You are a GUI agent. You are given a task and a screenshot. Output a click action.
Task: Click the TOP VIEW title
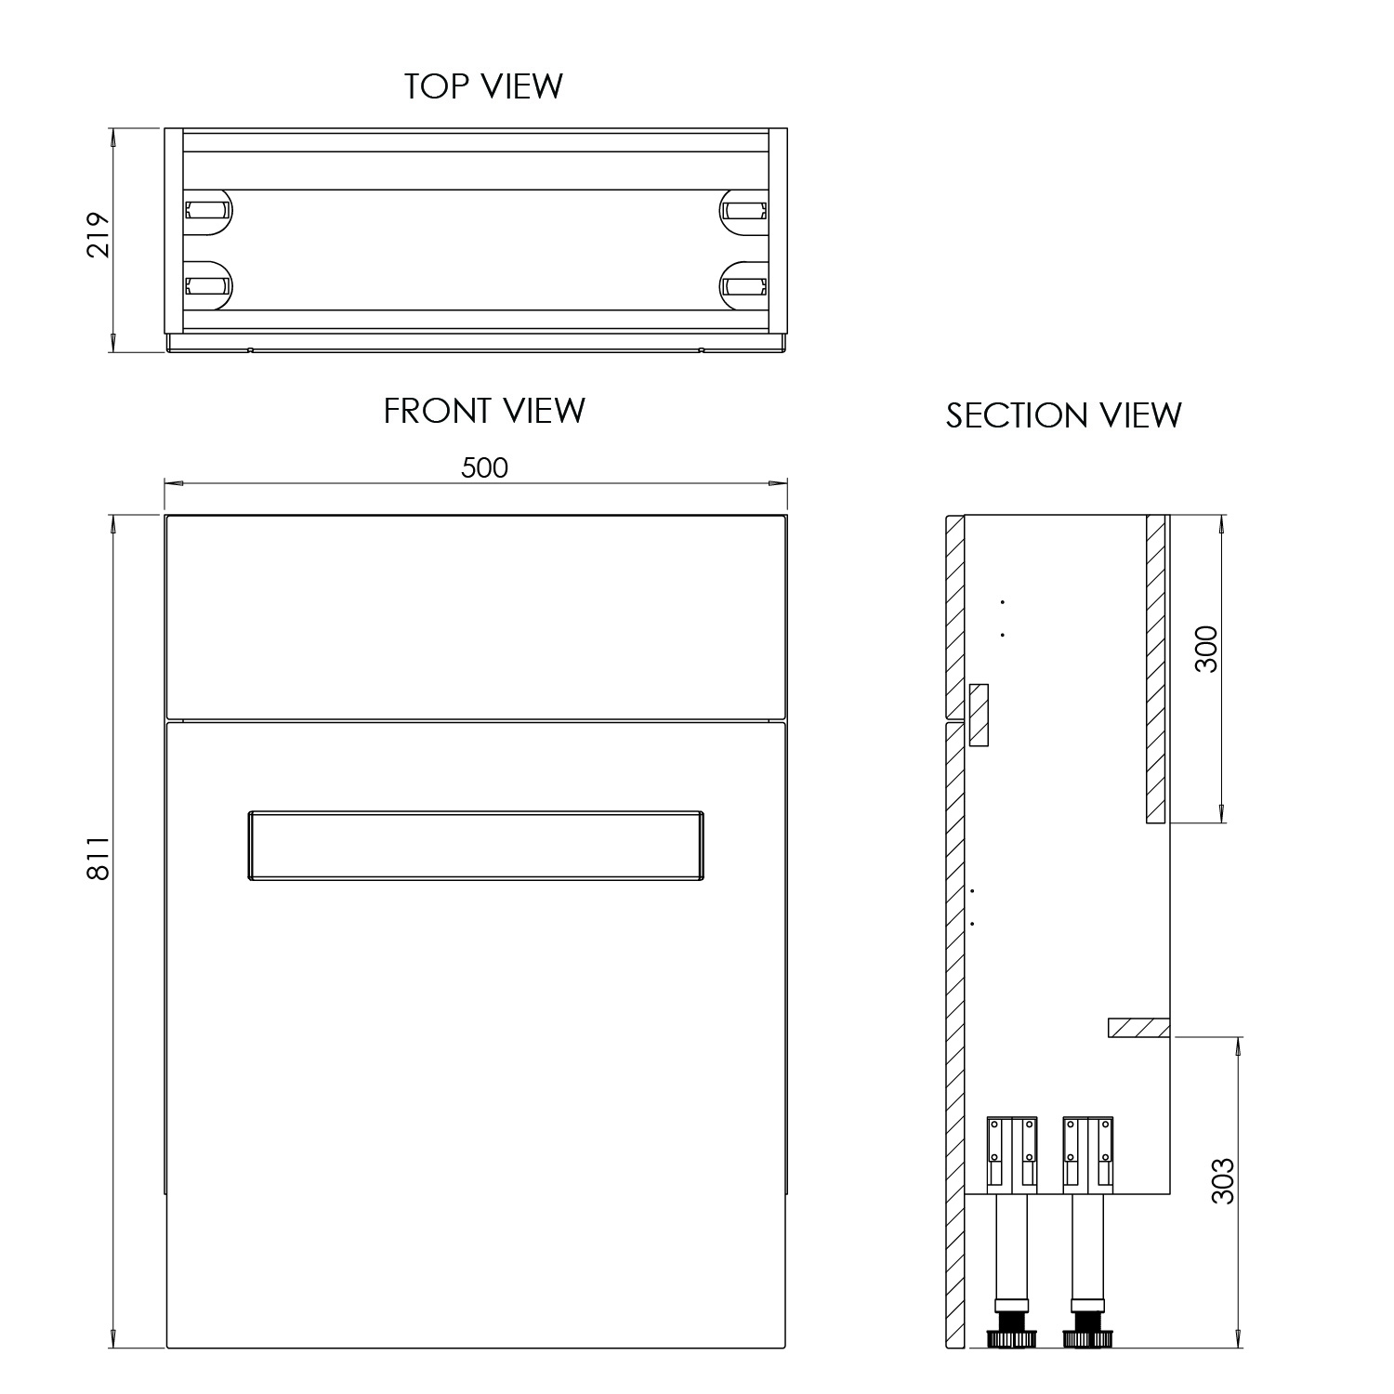(483, 85)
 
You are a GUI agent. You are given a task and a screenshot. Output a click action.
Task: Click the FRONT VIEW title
(484, 411)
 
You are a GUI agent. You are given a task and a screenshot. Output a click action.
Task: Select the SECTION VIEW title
(1063, 415)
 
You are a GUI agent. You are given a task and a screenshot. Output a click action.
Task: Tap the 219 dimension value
(99, 236)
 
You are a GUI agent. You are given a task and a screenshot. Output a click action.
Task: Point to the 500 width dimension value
(484, 467)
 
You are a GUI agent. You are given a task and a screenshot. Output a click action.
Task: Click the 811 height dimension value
(99, 858)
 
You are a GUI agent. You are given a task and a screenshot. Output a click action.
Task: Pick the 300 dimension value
(1205, 650)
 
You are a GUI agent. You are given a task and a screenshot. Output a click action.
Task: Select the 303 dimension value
(1224, 1180)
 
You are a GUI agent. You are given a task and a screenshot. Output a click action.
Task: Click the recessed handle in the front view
(475, 845)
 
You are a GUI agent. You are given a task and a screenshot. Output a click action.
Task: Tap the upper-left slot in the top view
(207, 210)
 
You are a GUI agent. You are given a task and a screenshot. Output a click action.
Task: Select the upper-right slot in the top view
(745, 210)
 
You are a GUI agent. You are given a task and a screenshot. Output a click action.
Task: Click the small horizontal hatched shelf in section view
(1138, 1028)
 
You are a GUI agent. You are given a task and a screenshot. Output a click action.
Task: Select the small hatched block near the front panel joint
(978, 715)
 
